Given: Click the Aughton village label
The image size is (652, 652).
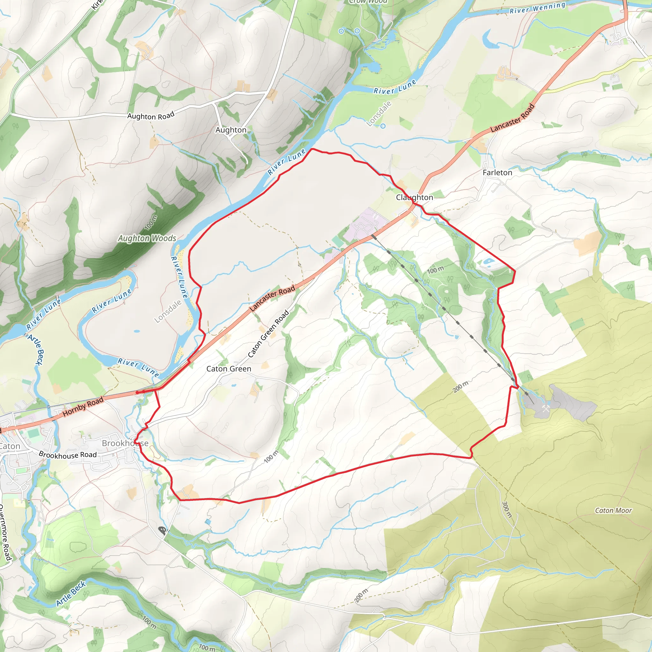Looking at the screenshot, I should pos(231,130).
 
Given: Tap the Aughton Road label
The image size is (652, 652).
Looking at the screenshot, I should pos(151,116).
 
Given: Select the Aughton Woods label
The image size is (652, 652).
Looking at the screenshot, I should pos(147,238).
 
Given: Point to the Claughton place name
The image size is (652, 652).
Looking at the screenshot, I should pos(415,197).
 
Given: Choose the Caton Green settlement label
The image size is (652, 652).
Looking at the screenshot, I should pos(229,369).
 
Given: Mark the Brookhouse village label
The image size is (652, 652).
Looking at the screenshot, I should pos(125,443).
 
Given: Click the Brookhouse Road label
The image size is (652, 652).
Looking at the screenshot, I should pos(68,455).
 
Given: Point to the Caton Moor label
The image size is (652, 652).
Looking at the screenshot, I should pos(613,511).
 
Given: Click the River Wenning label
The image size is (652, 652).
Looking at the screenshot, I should pos(537,8).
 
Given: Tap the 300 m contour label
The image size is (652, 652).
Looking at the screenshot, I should pos(507,510).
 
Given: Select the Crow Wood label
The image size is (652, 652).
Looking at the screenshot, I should pos(368,2).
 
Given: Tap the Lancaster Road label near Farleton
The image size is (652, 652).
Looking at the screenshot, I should pos(512,118).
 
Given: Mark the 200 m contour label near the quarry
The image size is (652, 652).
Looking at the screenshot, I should pos(461,387).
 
